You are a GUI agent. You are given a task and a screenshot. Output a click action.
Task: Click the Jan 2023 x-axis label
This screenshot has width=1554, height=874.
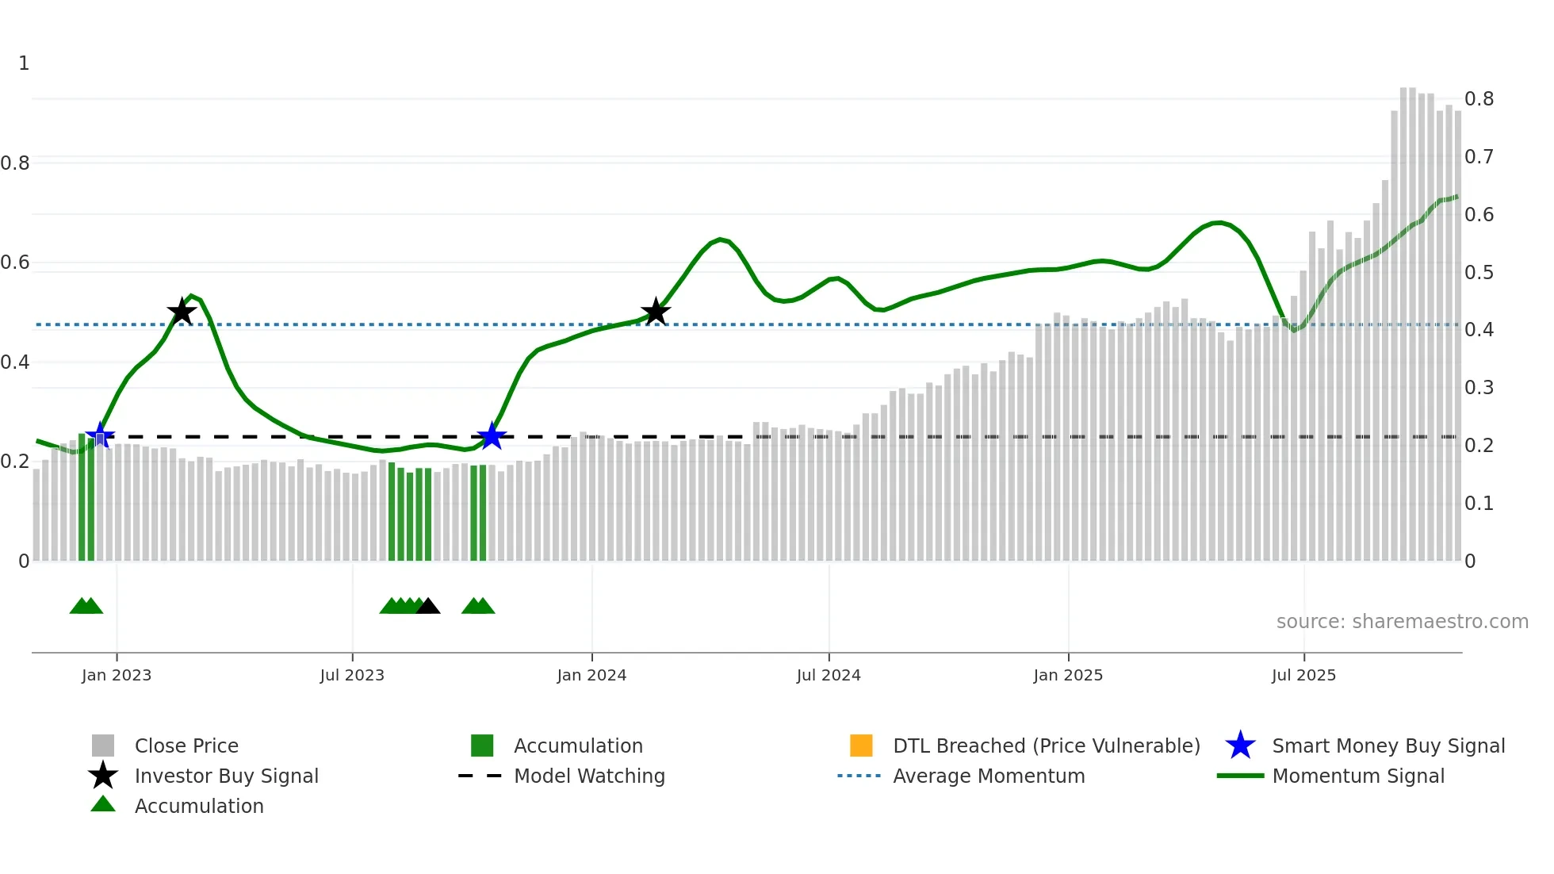pos(117,675)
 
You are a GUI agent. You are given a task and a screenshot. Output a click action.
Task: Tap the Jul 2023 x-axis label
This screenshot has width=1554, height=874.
pos(352,675)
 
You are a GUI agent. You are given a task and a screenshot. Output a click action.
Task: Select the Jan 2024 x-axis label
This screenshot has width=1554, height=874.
pos(591,675)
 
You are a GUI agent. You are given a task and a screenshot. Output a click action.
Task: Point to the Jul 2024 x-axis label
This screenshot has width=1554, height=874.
pos(829,675)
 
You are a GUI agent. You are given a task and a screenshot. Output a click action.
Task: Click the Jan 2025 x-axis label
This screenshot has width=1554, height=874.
pos(1068,675)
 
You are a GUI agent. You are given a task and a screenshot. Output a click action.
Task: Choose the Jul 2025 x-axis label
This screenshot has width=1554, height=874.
pos(1303,675)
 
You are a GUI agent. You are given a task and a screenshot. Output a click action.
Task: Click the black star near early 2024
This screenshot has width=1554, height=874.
pos(656,312)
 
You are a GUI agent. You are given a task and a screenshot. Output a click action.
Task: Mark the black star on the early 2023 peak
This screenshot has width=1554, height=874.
pos(182,312)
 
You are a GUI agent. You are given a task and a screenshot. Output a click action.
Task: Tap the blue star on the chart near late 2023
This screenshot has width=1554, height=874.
pos(492,436)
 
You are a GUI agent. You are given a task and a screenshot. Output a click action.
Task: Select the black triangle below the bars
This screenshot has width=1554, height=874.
pos(428,607)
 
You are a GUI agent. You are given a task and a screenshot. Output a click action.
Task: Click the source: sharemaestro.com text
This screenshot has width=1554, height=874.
pos(1402,622)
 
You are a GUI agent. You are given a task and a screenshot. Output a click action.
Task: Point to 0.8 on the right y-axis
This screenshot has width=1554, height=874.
pos(1479,99)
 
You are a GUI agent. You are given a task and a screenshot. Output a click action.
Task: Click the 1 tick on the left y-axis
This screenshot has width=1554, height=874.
pos(24,63)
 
